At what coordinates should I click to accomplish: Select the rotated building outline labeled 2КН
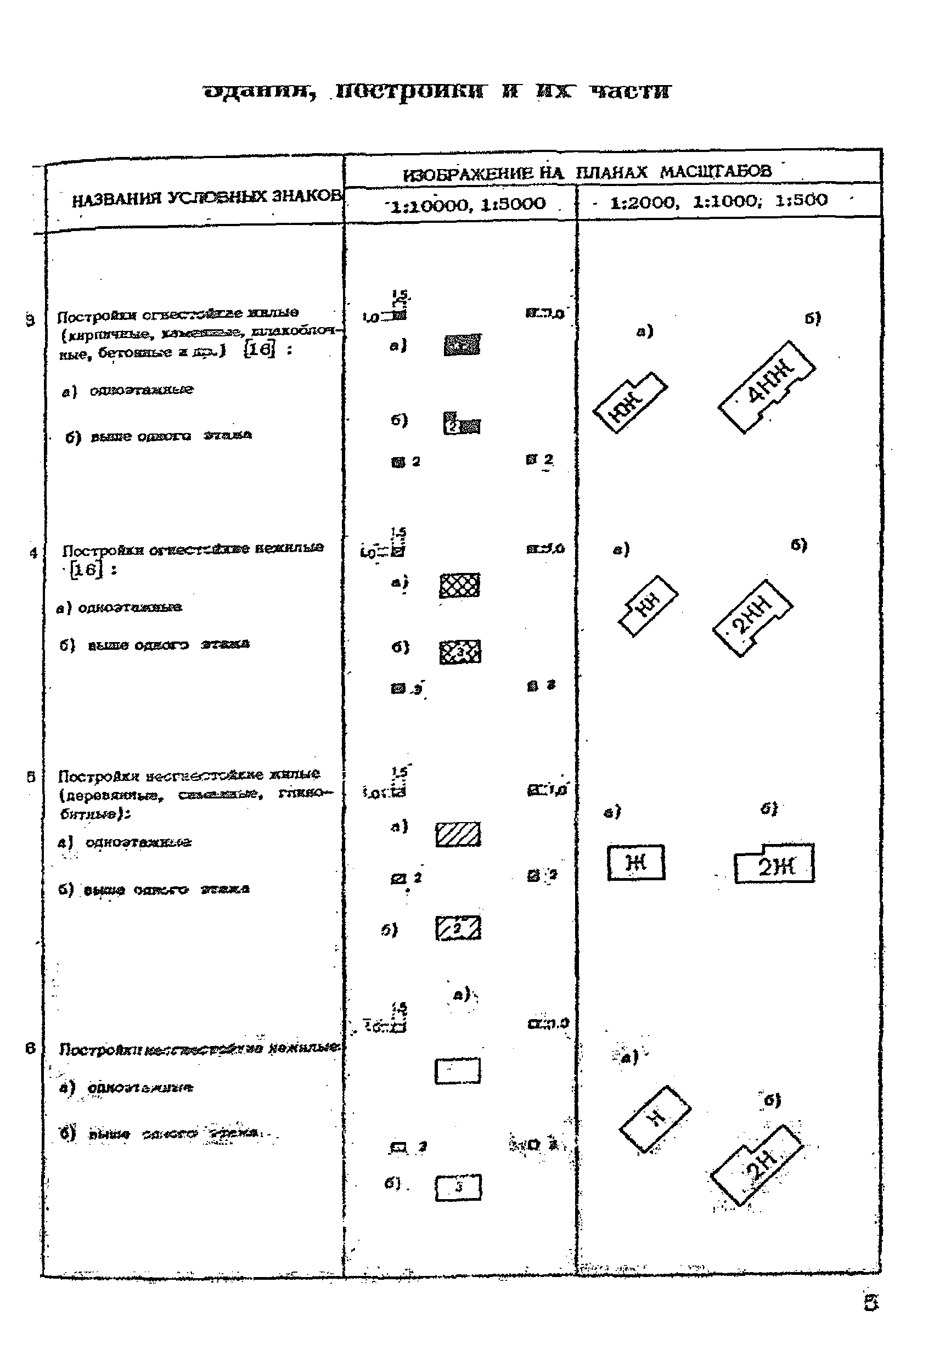[753, 618]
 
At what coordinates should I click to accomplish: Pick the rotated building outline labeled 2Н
[757, 1167]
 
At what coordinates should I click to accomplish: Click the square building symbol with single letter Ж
[636, 863]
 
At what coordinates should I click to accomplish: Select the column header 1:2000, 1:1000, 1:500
[718, 201]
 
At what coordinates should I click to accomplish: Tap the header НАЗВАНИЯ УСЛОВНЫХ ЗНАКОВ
[206, 198]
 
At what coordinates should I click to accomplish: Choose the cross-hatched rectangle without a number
[460, 585]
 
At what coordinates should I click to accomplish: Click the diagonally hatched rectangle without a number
[458, 835]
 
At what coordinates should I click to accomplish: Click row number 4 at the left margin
[33, 552]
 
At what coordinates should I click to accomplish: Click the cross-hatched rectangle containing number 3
[460, 651]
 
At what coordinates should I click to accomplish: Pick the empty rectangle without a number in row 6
[457, 1071]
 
